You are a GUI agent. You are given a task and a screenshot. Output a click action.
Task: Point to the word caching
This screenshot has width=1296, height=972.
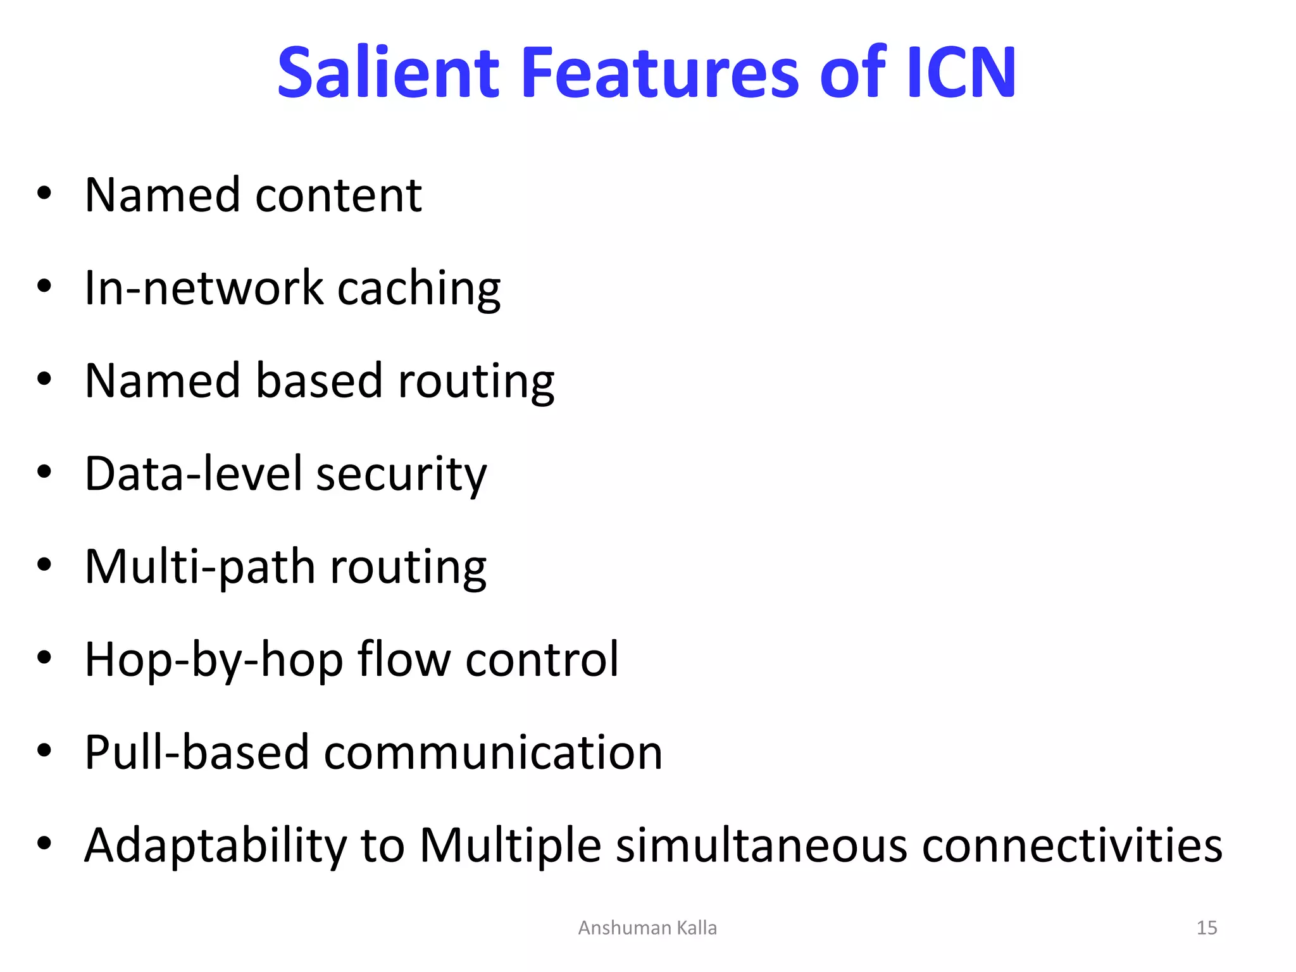click(418, 289)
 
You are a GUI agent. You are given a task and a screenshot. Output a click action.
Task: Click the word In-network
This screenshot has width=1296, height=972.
click(203, 288)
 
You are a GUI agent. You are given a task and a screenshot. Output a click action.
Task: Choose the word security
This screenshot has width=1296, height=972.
click(401, 475)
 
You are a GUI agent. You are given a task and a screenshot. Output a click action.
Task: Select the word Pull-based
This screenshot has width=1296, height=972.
click(196, 752)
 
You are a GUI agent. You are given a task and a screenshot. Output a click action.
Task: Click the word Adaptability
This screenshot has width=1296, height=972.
click(216, 846)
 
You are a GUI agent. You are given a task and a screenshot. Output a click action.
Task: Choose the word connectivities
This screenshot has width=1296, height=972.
click(1072, 845)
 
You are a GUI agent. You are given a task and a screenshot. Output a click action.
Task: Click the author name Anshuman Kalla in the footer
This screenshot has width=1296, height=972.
click(647, 928)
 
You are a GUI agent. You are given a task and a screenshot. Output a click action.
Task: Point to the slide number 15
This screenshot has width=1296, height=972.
click(1207, 928)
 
